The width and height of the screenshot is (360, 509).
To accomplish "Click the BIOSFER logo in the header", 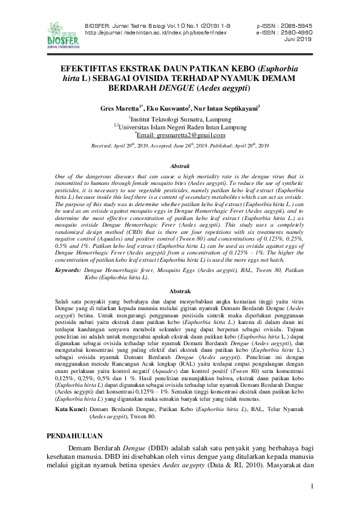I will (x=62, y=34).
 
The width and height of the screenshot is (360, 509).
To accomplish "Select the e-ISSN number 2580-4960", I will (x=293, y=33).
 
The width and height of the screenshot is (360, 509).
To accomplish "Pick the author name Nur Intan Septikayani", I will (x=226, y=108).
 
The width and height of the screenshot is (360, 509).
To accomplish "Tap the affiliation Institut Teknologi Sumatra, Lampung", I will (x=182, y=118).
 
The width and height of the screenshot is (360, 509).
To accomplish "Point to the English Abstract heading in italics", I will (x=180, y=166).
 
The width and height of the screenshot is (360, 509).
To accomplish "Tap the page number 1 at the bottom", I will (x=312, y=487).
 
